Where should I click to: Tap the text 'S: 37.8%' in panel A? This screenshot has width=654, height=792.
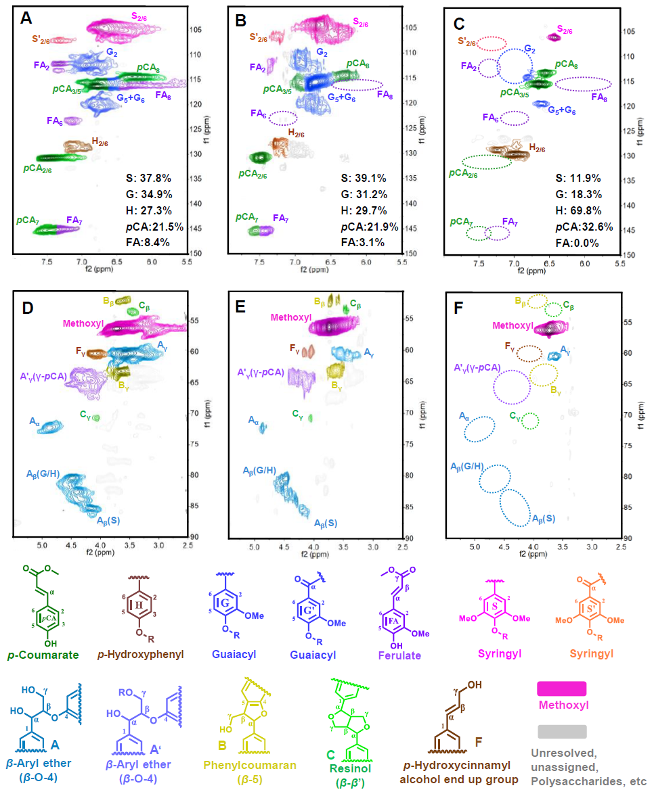coord(148,179)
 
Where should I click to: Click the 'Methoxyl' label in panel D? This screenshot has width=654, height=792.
coord(83,323)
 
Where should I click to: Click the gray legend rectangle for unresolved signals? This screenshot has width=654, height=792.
coord(561,731)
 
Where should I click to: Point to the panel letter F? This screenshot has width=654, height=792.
coord(458,310)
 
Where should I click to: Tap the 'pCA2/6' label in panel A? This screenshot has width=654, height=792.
coord(37,169)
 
